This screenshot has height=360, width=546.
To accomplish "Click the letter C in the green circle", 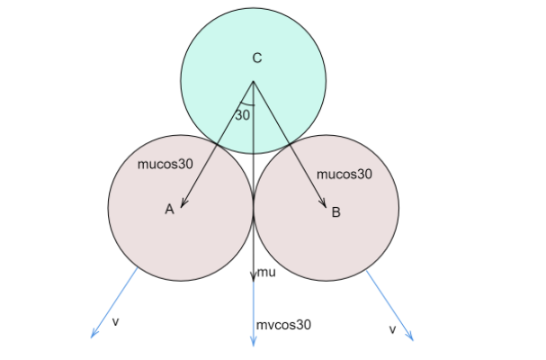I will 256,58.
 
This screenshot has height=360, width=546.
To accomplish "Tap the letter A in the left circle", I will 168,209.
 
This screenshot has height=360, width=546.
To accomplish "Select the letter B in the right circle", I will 336,212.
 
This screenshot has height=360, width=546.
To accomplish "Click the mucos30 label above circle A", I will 165,165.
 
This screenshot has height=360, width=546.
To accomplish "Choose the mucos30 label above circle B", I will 345,174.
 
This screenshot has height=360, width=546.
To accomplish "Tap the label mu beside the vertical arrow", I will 266,272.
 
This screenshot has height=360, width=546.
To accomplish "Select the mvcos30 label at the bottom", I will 283,325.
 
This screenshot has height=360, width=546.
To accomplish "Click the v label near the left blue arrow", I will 115,320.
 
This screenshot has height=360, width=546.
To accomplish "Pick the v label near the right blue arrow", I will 392,330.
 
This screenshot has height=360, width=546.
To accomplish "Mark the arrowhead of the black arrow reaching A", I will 183,207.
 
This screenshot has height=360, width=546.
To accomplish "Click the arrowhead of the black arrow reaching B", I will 324,207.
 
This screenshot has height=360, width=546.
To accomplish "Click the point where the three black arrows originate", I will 253,82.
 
